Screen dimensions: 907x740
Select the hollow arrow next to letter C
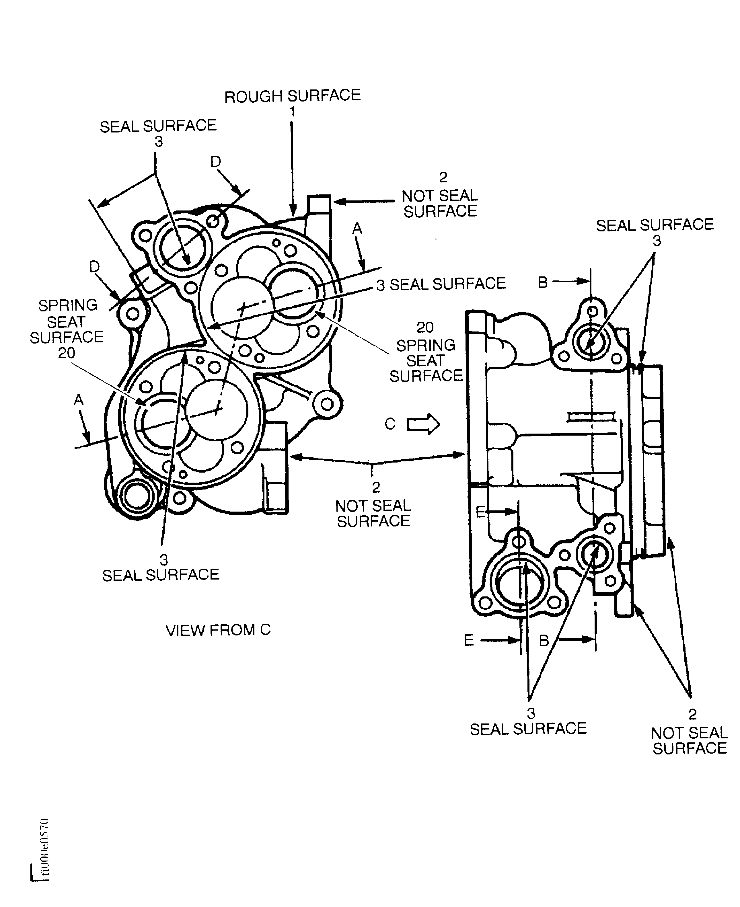(423, 424)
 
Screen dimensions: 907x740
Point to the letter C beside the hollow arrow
(390, 424)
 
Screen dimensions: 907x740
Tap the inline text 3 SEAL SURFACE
(441, 284)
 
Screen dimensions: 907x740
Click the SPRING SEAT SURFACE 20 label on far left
(67, 329)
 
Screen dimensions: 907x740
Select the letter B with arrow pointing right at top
(543, 282)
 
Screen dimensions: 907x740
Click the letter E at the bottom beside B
(469, 640)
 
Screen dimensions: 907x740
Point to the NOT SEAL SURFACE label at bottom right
(689, 740)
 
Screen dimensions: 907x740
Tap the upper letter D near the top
(216, 162)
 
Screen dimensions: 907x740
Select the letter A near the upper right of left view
(357, 229)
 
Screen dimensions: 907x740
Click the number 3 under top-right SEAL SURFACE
(657, 241)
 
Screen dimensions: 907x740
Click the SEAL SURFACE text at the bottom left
(161, 575)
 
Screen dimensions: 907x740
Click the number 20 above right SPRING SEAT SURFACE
(425, 327)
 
